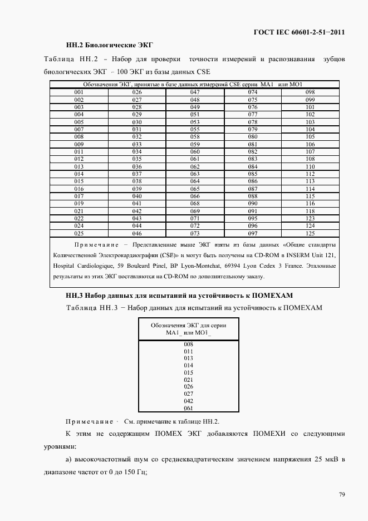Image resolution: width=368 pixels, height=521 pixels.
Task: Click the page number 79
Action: (341, 494)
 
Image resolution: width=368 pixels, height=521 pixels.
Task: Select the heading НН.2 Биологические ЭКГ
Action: (109, 44)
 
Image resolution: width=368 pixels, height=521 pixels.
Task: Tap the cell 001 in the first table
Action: (78, 92)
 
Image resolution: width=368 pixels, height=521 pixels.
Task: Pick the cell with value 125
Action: (310, 233)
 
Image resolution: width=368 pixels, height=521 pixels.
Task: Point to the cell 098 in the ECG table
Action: (310, 92)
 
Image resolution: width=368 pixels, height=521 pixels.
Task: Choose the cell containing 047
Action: (195, 92)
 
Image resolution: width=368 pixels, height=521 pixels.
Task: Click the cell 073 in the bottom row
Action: (195, 233)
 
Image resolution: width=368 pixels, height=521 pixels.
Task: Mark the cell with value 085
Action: (252, 174)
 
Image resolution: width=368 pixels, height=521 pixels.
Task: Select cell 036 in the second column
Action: (137, 166)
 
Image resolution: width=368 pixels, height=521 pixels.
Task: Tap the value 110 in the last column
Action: (310, 166)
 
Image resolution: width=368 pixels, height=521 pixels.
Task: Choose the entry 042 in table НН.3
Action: (188, 401)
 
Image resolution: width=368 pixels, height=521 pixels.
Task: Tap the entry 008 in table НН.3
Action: (188, 345)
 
